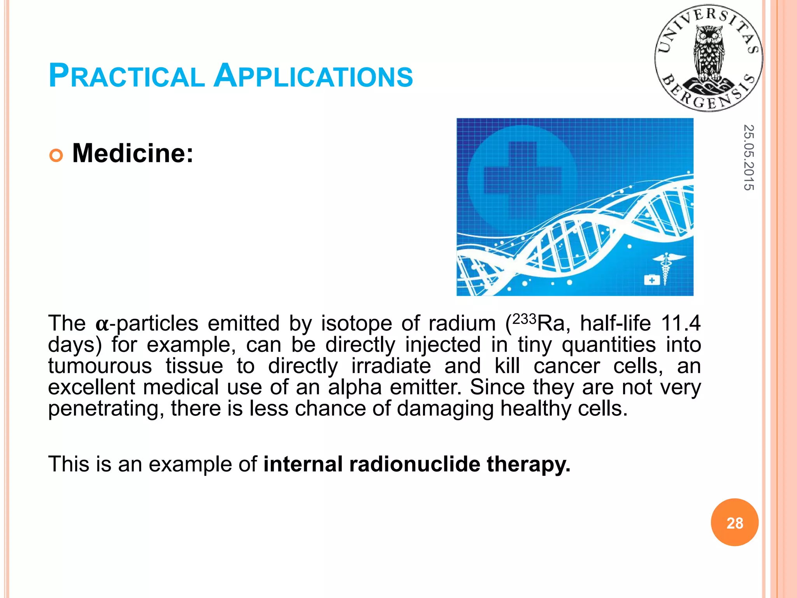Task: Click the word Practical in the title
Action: click(x=126, y=76)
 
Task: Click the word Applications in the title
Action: click(x=313, y=76)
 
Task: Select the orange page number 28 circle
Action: click(x=734, y=522)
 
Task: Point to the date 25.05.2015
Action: click(x=748, y=157)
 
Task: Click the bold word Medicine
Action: click(x=133, y=153)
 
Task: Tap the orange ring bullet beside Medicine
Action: click(x=56, y=156)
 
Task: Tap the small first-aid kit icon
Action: click(x=652, y=280)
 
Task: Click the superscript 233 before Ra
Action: click(x=525, y=319)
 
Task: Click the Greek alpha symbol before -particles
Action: click(x=102, y=324)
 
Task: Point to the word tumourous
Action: click(x=100, y=366)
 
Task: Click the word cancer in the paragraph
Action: click(x=567, y=366)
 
